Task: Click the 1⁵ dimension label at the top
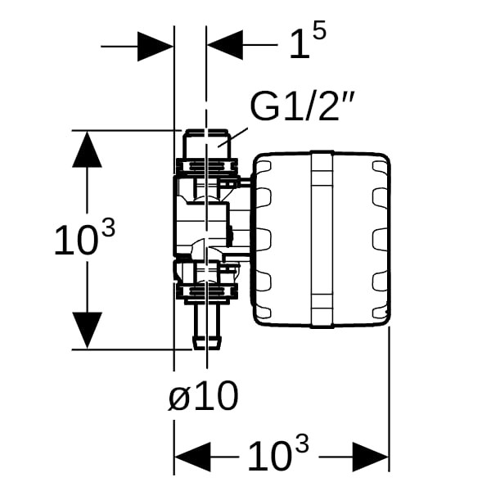point(308,45)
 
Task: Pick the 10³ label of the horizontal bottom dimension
point(278,453)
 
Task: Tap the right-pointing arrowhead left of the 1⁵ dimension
point(155,46)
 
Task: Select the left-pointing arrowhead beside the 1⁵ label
point(226,46)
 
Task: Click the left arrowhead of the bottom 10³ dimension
point(191,455)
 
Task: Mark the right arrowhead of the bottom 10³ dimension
point(370,455)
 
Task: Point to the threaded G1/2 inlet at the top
point(206,142)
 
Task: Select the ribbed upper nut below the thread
point(206,166)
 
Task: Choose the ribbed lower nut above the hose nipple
point(206,291)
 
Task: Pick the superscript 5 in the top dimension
point(319,32)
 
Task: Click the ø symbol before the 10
point(179,399)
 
